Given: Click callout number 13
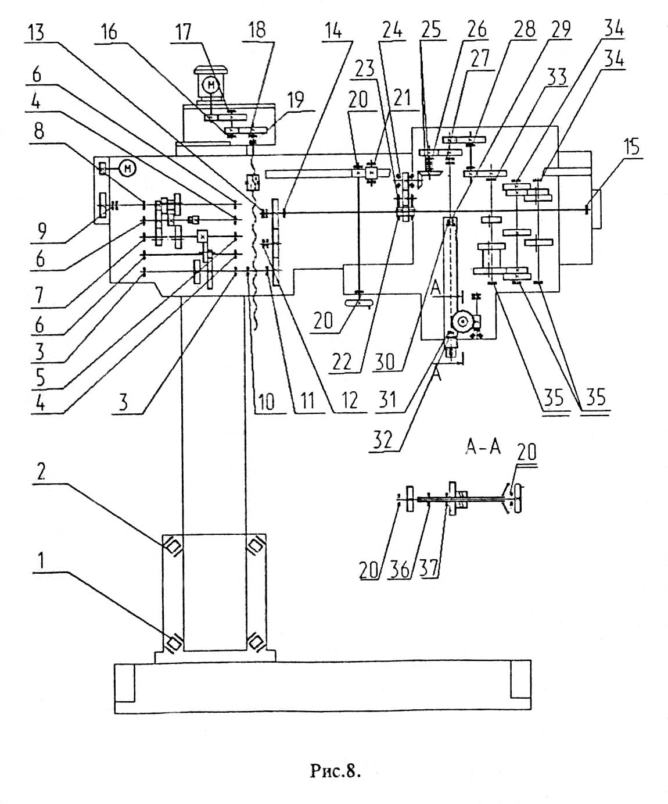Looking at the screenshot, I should click(x=36, y=32).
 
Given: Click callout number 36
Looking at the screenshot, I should click(x=400, y=569).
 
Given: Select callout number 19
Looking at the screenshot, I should click(x=296, y=100).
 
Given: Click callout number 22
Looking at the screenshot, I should click(x=342, y=362).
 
